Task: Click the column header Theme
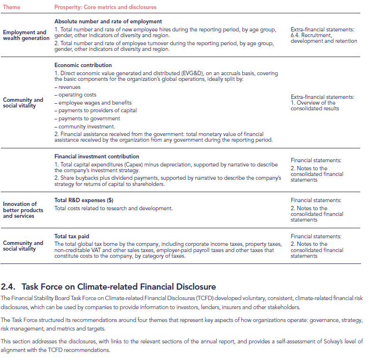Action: click(12, 7)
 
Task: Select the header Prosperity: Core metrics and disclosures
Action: click(105, 7)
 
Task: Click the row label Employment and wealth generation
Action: click(25, 35)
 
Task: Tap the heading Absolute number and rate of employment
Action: click(108, 21)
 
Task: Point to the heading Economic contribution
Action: click(83, 65)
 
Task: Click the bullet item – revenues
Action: click(67, 88)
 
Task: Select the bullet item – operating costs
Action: click(76, 95)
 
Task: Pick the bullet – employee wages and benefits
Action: click(93, 103)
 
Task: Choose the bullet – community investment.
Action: click(85, 126)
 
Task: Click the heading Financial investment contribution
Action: click(97, 156)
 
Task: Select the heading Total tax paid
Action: click(72, 236)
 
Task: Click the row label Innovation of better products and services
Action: click(23, 210)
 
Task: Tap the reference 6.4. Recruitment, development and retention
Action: click(324, 38)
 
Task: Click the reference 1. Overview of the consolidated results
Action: click(314, 106)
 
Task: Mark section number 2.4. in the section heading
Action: click(9, 286)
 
